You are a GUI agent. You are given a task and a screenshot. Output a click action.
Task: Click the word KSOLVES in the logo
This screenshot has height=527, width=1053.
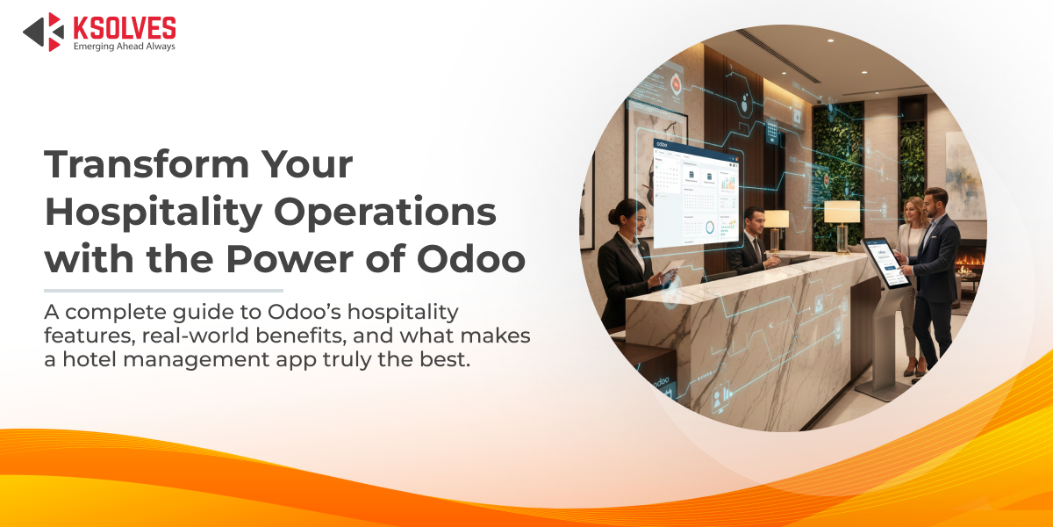pos(124,27)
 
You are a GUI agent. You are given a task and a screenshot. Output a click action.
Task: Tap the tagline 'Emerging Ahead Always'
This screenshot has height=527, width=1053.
pos(124,47)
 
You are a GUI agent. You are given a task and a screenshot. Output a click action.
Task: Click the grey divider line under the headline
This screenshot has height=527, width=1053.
pos(163,290)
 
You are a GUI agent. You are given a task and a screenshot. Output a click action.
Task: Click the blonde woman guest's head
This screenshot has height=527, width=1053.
pos(913,210)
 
